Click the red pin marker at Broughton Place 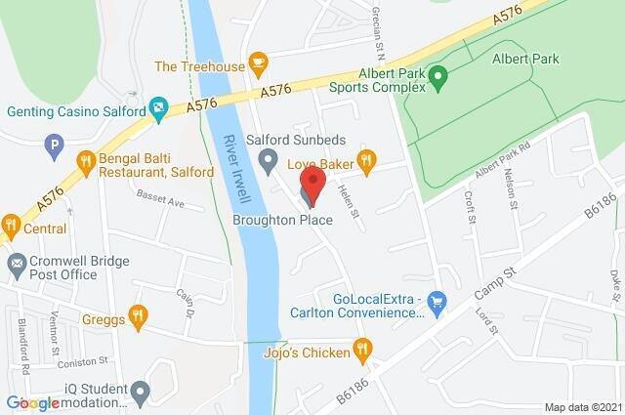tap(312, 183)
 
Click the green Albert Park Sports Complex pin tap(438, 74)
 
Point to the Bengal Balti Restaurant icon tap(87, 163)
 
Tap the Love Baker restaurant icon tap(366, 159)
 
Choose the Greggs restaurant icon tap(138, 315)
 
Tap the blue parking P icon tap(55, 147)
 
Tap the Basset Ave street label tap(161, 203)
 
